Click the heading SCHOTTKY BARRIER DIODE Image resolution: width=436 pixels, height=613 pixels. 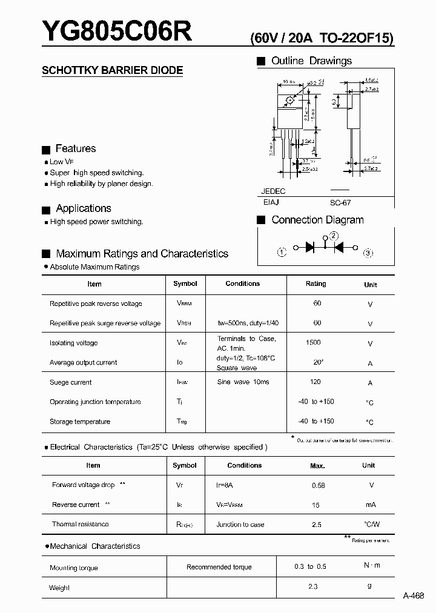(x=112, y=70)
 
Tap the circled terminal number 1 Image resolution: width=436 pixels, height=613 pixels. (x=282, y=252)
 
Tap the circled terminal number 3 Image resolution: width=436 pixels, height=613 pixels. (x=368, y=253)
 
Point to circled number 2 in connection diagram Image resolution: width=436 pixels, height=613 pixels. (x=334, y=236)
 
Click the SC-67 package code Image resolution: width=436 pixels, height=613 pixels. (x=340, y=204)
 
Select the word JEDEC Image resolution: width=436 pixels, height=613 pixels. (x=273, y=191)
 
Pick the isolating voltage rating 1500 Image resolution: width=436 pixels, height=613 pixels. (x=313, y=343)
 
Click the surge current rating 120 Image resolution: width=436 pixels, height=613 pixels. (x=315, y=382)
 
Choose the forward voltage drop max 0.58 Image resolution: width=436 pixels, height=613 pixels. (x=318, y=486)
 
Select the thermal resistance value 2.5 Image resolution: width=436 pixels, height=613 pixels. (x=316, y=525)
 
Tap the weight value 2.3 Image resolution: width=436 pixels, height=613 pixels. (x=312, y=586)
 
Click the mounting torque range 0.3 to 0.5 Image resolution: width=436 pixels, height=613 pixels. (x=310, y=566)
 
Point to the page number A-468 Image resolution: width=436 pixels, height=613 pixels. (x=414, y=595)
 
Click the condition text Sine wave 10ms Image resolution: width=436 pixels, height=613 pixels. (x=243, y=382)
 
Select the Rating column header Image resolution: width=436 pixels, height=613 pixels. (x=315, y=283)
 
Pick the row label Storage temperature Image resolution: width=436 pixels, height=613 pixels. (x=80, y=422)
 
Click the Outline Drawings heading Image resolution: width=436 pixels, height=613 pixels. (x=311, y=61)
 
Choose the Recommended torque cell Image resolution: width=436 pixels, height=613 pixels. (x=219, y=567)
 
